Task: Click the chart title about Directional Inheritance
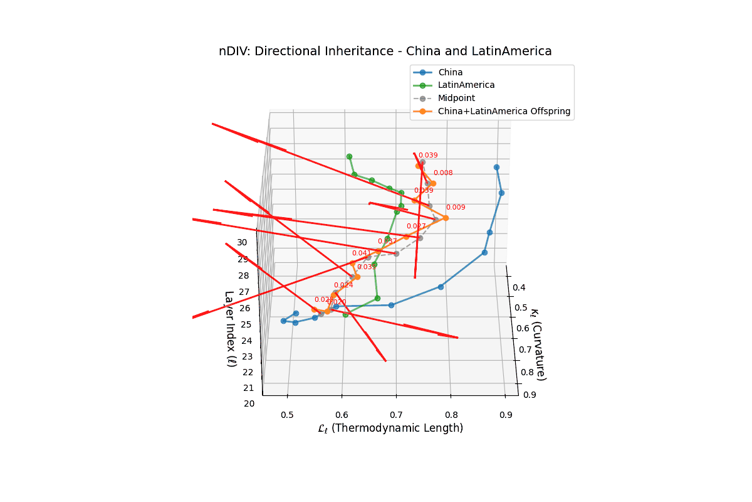[385, 51]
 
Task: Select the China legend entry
[450, 72]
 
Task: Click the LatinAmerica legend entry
[466, 85]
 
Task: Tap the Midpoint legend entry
[456, 98]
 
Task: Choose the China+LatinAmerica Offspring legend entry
[504, 111]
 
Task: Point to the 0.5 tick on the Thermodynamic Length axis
[287, 415]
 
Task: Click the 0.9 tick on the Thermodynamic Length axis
[505, 415]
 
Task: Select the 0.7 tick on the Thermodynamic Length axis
[396, 415]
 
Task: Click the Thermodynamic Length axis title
[390, 429]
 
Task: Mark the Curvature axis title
[538, 343]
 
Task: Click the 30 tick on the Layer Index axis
[243, 242]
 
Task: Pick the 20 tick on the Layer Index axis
[249, 403]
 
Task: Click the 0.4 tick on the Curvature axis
[520, 287]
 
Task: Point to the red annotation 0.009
[456, 207]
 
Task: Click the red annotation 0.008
[443, 173]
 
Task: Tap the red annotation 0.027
[416, 226]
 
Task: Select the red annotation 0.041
[362, 253]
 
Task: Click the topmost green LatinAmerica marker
[349, 156]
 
